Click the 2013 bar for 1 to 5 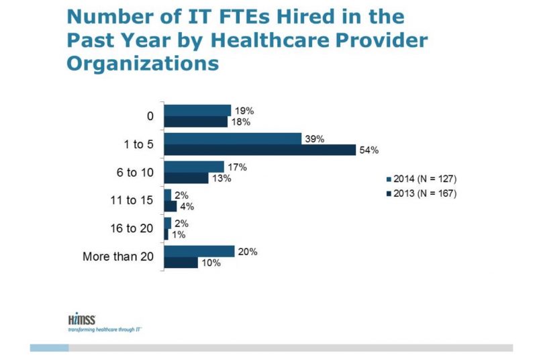tap(260, 150)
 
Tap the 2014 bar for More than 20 tap(199, 251)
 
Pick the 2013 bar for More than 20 tap(181, 263)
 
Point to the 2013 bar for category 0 tap(196, 122)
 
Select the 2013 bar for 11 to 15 tap(170, 206)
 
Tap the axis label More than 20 tap(118, 257)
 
